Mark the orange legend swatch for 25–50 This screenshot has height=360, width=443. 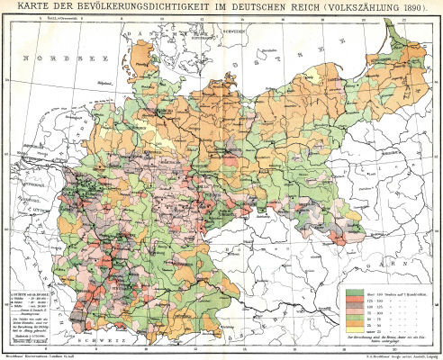352,327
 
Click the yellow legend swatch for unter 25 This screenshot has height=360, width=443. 352,334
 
